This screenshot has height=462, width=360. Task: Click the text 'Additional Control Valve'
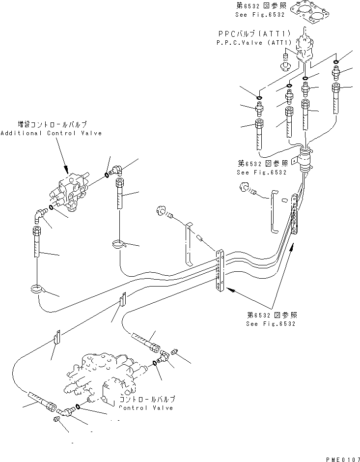(x=51, y=133)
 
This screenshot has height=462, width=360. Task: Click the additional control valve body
(x=73, y=192)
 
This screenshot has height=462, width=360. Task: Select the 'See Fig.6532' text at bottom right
(x=272, y=324)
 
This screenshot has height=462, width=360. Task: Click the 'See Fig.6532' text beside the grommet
(x=257, y=173)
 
